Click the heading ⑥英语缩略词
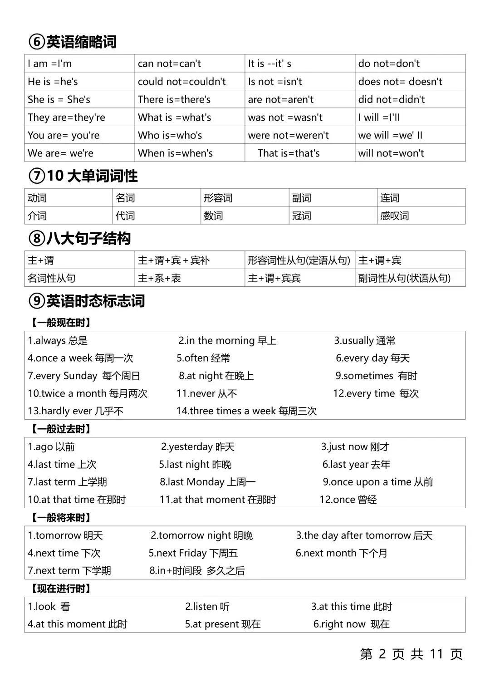tap(73, 42)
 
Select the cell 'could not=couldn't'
tap(181, 82)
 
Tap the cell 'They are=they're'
tap(66, 118)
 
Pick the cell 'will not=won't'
tap(391, 153)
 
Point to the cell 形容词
tap(218, 198)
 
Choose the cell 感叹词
tap(394, 216)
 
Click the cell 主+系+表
tap(159, 278)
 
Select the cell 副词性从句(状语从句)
tap(404, 278)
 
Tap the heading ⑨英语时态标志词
tap(86, 301)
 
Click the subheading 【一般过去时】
tap(61, 429)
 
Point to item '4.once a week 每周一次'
tap(80, 358)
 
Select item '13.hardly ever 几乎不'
tap(75, 411)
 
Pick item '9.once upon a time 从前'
tap(377, 482)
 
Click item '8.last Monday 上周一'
tap(207, 482)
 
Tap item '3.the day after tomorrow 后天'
tap(364, 535)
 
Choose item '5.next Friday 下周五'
tap(193, 553)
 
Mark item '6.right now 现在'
tap(351, 624)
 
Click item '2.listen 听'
tap(207, 607)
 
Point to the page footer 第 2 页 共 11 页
tap(411, 654)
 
